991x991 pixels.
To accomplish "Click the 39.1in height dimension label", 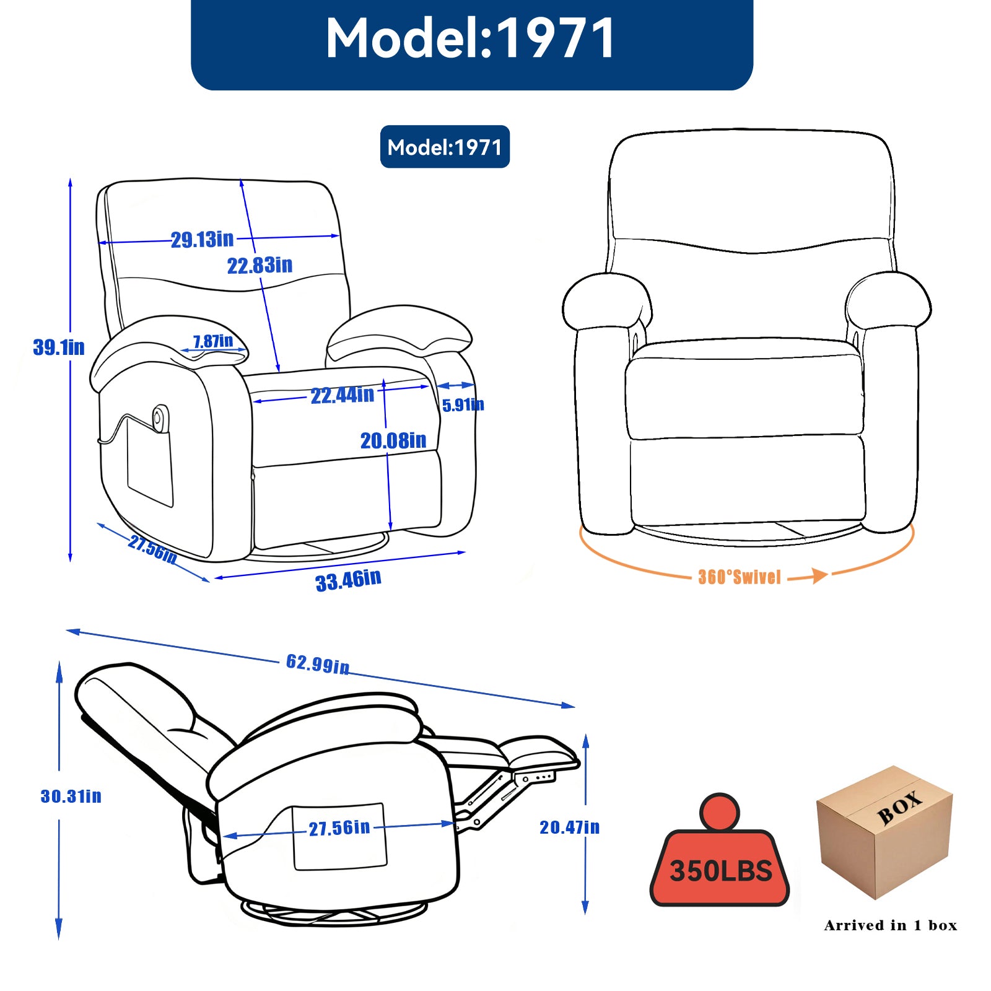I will [x=59, y=347].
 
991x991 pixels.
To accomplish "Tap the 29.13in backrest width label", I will [x=203, y=239].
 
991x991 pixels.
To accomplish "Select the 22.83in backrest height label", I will [x=260, y=266].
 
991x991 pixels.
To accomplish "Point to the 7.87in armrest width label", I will [x=213, y=341].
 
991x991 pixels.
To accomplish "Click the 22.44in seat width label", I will [x=343, y=395].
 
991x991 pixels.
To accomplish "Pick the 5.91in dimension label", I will [x=463, y=405].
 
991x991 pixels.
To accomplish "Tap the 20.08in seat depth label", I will [x=393, y=441].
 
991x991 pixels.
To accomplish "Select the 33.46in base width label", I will [x=348, y=580].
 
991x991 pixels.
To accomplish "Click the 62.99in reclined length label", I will [x=318, y=664].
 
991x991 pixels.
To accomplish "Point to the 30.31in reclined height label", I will [x=71, y=796].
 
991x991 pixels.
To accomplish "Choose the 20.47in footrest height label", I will [x=569, y=827].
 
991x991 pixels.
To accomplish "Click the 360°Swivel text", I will [x=740, y=577].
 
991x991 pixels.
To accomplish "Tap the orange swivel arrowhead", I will [x=820, y=575].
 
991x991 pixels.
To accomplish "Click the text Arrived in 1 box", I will [x=890, y=925].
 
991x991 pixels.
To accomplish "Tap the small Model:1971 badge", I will [x=445, y=147].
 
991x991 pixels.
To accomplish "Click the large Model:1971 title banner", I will [x=471, y=40].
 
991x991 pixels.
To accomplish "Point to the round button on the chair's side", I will [x=160, y=416].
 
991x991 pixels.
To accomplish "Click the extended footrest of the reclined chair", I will [x=538, y=751].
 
